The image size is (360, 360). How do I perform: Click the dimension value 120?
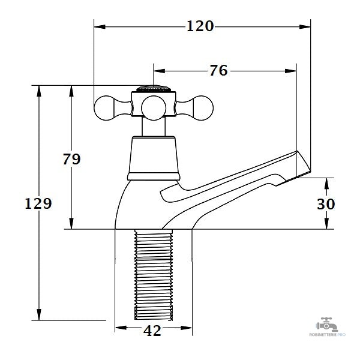200,26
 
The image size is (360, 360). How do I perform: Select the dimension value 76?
218,70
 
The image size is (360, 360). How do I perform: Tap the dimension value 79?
71,159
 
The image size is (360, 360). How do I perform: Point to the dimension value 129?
38,203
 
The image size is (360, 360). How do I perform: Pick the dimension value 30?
326,204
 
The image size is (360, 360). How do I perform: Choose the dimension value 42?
152,331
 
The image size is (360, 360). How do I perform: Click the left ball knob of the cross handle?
104,108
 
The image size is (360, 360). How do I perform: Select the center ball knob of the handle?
154,108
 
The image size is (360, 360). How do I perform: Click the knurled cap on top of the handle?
154,89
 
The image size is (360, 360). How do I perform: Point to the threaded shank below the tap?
154,275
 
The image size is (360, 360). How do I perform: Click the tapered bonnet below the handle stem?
154,158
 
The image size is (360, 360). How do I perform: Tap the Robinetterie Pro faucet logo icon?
327,325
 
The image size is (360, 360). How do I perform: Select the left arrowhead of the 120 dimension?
100,27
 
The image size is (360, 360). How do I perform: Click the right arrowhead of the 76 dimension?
290,71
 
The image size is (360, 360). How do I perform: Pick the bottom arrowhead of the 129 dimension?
39,314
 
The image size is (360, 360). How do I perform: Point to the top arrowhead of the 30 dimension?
326,184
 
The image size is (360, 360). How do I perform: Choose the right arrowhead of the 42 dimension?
186,328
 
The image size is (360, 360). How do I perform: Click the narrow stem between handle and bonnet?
154,126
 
